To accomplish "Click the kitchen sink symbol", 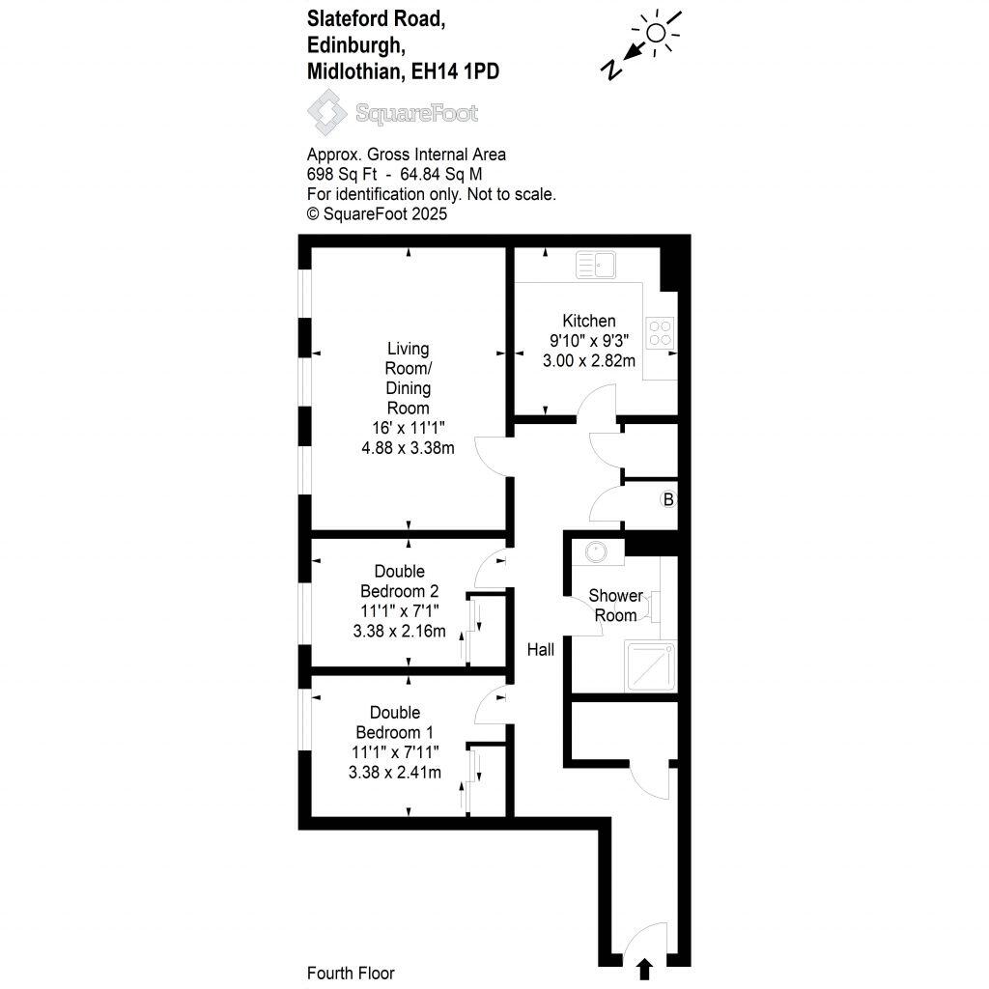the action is (x=595, y=265).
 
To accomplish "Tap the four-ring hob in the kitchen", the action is (x=661, y=333).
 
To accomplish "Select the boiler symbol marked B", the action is (x=666, y=500).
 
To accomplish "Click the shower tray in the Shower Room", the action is (x=650, y=665).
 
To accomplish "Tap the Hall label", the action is (x=540, y=651).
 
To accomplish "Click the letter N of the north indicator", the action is (x=610, y=69).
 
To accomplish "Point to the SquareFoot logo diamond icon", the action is (x=326, y=112).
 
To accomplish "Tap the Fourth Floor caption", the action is (x=351, y=974).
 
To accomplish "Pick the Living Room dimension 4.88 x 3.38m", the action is (x=409, y=447).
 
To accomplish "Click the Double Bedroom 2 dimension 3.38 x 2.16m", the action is (x=400, y=632).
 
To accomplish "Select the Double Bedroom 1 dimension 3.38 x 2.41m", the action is (x=396, y=772).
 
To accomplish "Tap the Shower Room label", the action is (x=614, y=606).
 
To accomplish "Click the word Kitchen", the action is (x=589, y=321).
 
